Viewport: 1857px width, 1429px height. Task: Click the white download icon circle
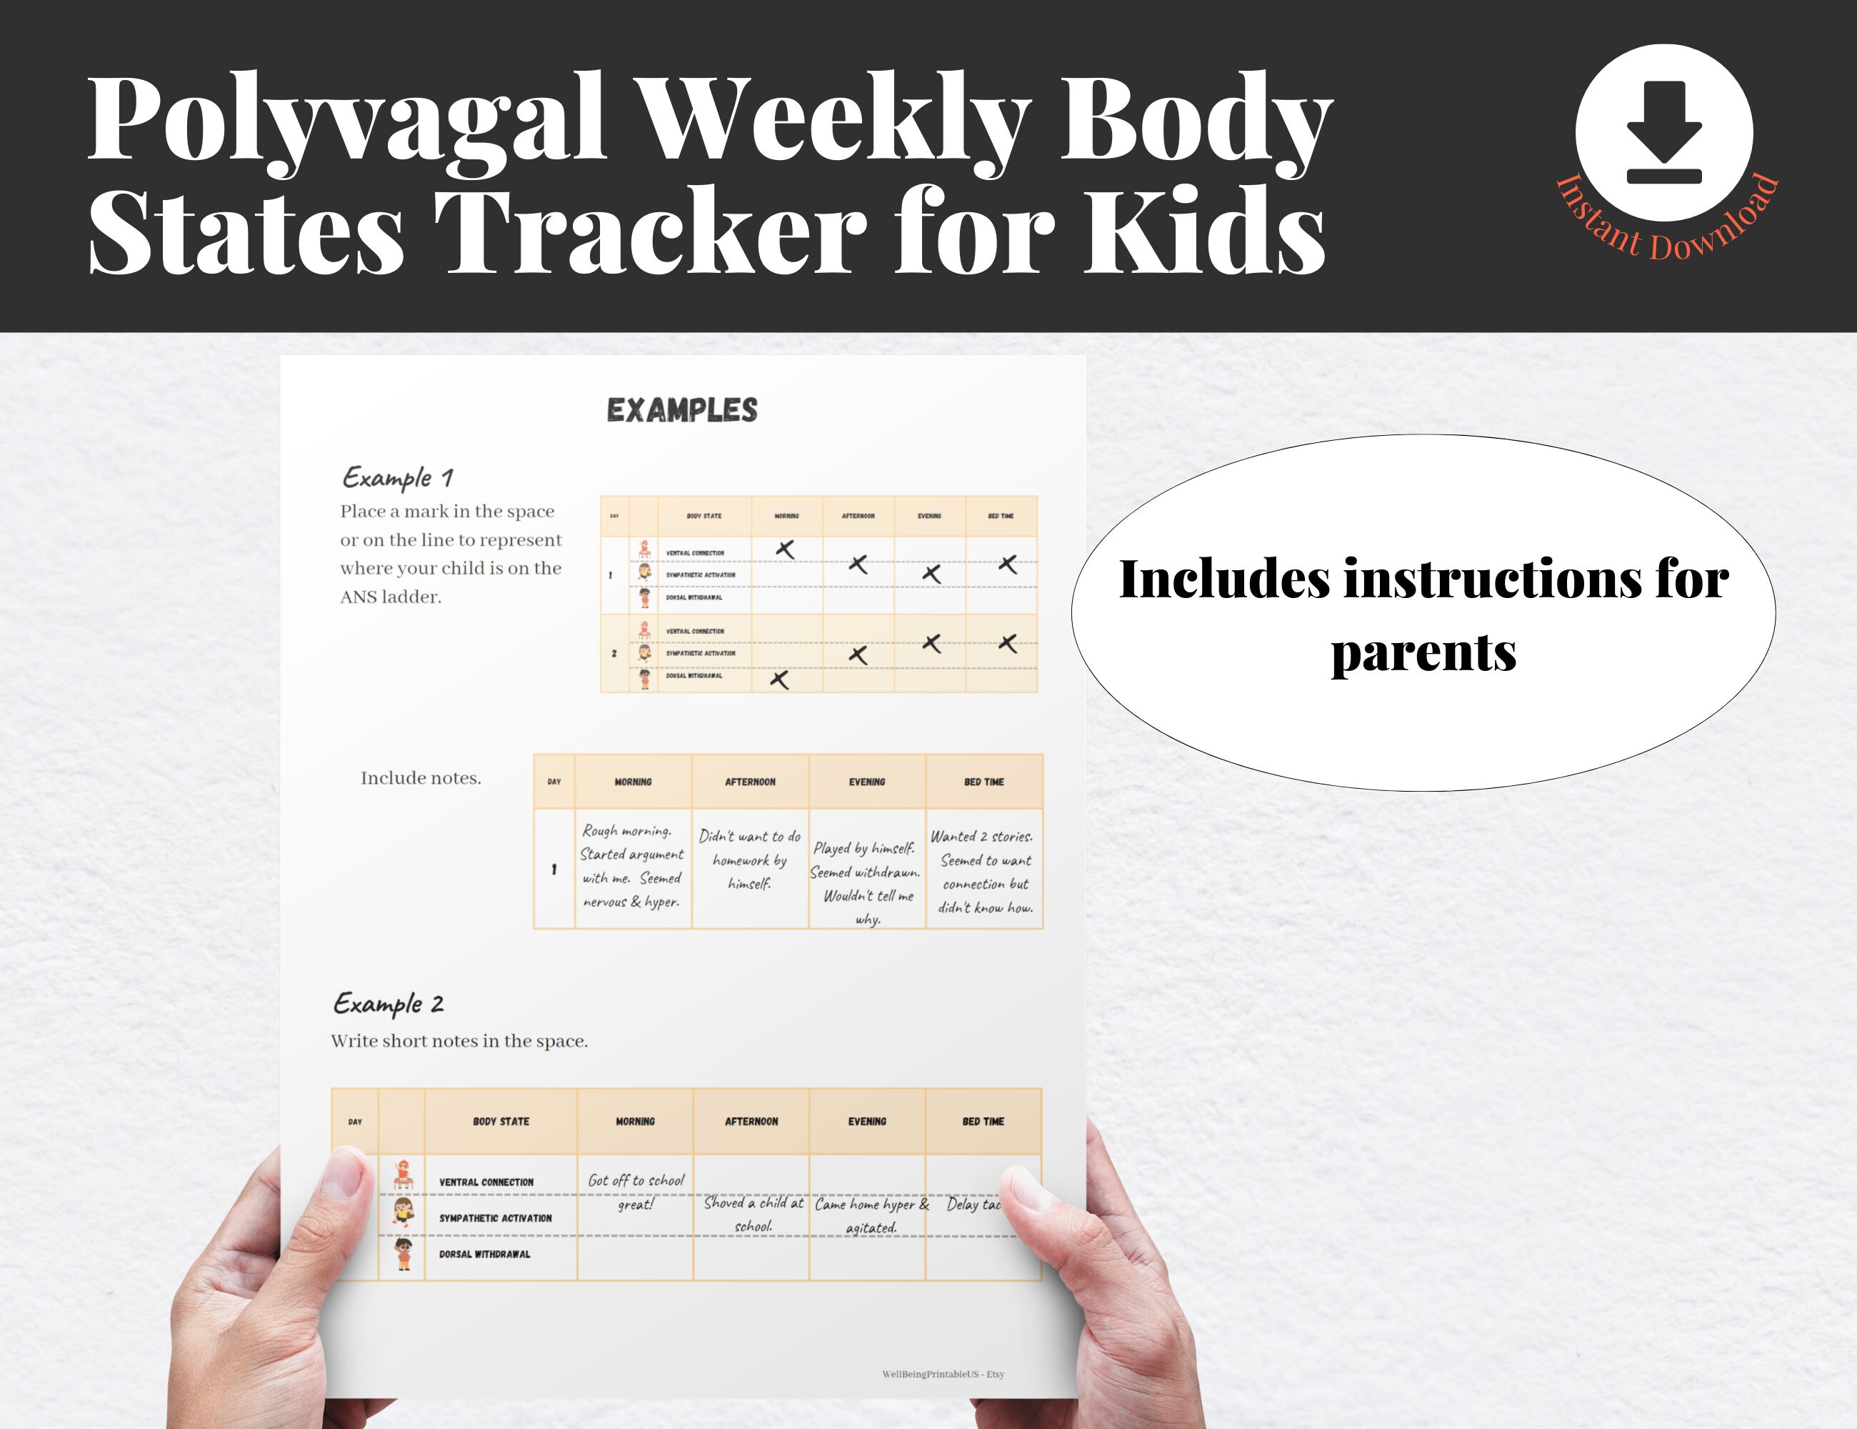pos(1663,133)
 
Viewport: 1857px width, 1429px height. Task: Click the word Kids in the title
pos(1203,231)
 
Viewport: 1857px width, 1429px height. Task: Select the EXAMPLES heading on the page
pos(682,411)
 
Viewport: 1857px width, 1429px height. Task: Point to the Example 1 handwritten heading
pos(397,477)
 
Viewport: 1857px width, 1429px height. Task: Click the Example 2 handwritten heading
pos(389,1004)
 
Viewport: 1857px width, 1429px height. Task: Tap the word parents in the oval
pos(1423,653)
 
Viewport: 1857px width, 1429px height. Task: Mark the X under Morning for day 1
pos(786,549)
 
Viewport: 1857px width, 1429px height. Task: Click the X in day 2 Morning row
pos(779,679)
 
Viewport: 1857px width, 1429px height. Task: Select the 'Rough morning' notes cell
pos(632,866)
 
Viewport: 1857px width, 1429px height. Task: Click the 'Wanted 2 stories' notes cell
pos(983,871)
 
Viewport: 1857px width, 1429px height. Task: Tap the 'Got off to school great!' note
pos(635,1192)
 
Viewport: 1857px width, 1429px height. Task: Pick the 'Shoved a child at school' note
pos(753,1214)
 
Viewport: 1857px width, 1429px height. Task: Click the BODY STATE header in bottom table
pos(501,1122)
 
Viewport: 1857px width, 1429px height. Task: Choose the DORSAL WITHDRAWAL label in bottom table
pos(485,1255)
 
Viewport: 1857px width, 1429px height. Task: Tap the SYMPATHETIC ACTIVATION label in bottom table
pos(495,1218)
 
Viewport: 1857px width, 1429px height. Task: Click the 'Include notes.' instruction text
pos(421,778)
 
